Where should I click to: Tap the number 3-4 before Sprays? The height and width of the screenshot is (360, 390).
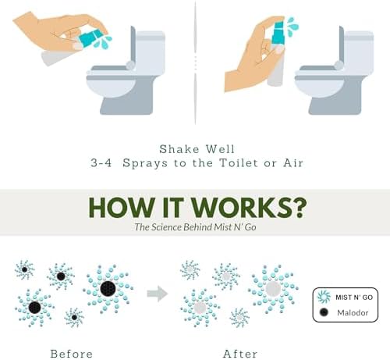(x=103, y=164)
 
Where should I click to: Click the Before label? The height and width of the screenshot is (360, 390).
(x=72, y=353)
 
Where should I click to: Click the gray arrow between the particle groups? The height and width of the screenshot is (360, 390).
(x=158, y=294)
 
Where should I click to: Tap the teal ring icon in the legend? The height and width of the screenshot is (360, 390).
(x=324, y=296)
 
